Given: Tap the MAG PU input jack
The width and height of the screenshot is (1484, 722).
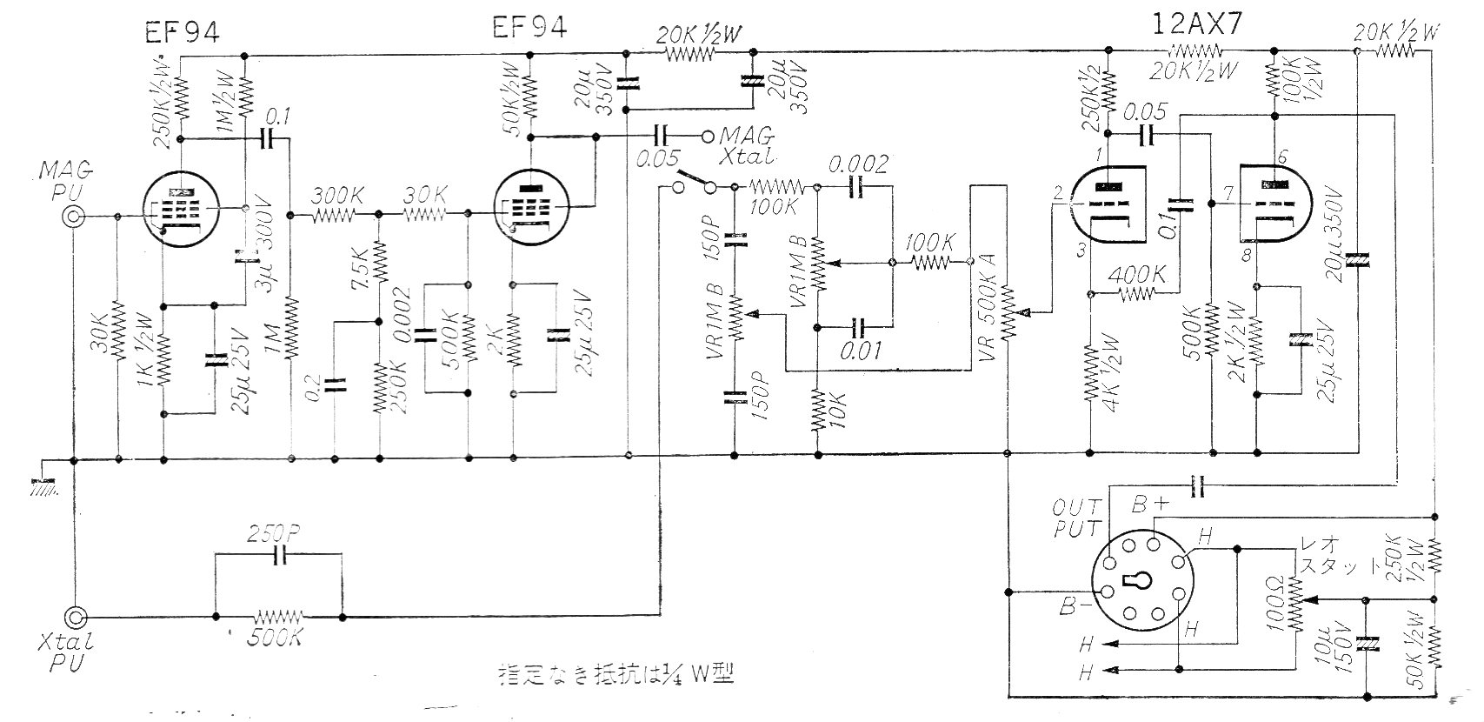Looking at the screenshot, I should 76,216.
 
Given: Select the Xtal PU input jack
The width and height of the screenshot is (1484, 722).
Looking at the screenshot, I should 76,617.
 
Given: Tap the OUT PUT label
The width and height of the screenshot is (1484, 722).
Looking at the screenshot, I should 1077,517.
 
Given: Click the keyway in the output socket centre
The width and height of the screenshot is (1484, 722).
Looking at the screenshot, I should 1142,580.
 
